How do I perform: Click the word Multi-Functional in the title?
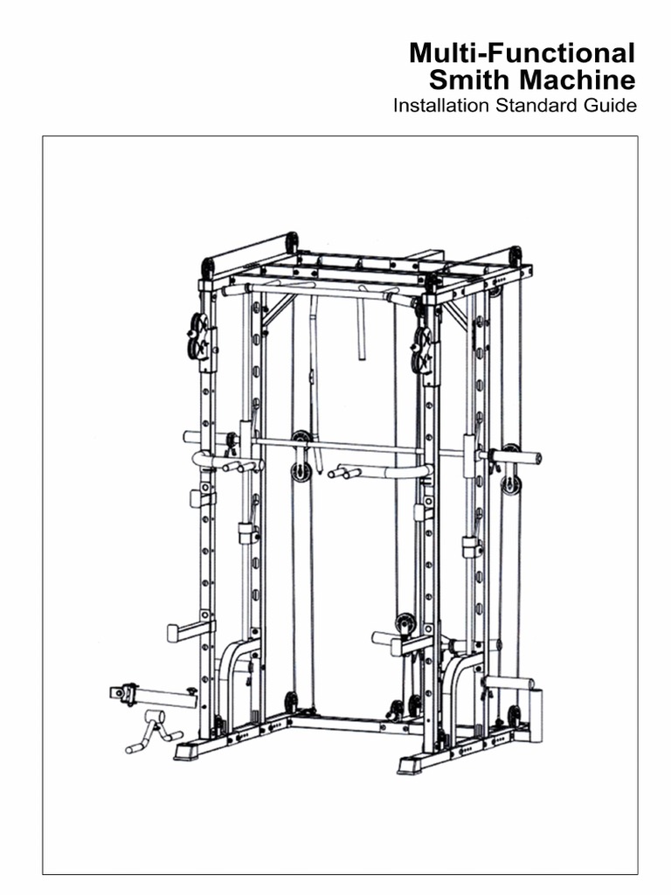(x=522, y=55)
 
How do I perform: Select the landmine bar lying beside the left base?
(x=153, y=695)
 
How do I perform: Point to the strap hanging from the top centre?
(x=360, y=332)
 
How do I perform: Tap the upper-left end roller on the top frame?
(x=206, y=267)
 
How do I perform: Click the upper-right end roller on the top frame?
(x=515, y=255)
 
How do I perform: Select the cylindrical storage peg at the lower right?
(x=509, y=683)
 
